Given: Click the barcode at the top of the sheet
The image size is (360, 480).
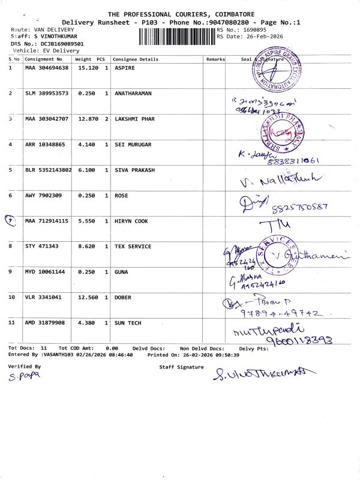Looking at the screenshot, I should tap(177, 37).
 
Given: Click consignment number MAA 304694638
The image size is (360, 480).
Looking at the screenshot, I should tap(47, 68).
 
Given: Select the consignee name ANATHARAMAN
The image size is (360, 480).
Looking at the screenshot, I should tap(134, 94).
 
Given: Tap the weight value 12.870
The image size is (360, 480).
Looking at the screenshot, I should tap(84, 119).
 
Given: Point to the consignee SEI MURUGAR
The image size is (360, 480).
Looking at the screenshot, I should tap(133, 145).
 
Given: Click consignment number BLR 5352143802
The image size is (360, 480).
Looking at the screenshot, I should tap(48, 170).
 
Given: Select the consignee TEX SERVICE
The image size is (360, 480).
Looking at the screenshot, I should tap(133, 247).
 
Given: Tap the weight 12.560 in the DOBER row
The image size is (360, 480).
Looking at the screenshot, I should tap(84, 298).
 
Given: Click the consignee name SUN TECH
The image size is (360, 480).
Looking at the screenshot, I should tap(128, 323).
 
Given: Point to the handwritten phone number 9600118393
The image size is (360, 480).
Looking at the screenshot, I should tap(276, 341).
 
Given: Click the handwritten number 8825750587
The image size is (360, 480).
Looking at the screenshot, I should tap(299, 208).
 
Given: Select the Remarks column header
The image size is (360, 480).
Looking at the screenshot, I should tap(215, 59).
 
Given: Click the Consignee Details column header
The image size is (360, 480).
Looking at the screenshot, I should tap(136, 59).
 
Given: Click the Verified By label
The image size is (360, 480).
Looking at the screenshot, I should tap(25, 365).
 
